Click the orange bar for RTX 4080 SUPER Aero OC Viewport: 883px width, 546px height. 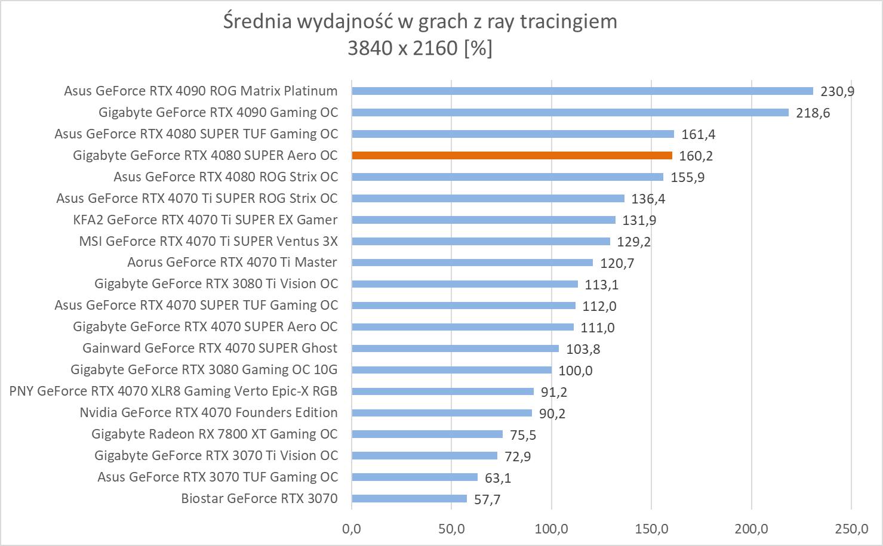coord(512,156)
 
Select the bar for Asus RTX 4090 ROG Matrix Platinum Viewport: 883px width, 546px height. coord(582,91)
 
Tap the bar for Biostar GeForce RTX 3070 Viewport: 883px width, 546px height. coord(409,499)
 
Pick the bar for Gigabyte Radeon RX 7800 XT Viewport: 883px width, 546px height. coord(427,434)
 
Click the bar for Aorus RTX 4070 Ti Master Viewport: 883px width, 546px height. coord(472,263)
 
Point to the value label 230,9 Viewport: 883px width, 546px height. coord(838,91)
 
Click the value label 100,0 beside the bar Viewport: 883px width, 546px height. coord(576,371)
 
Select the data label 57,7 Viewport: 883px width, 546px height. coord(487,499)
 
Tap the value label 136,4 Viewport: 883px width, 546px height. coord(648,199)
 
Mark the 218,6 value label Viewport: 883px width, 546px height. coord(813,113)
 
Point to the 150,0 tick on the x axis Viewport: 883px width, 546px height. coord(651,528)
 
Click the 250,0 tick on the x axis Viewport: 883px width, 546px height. coord(851,528)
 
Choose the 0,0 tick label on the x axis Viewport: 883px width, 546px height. coord(352,528)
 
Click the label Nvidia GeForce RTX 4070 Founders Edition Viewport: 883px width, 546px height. coord(208,412)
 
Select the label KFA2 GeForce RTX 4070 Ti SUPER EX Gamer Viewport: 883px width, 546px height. coord(205,220)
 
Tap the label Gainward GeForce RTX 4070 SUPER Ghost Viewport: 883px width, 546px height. coord(210,348)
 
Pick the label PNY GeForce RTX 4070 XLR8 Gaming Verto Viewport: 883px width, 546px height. coord(173,391)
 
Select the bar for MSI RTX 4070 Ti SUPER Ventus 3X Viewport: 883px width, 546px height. coord(481,242)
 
